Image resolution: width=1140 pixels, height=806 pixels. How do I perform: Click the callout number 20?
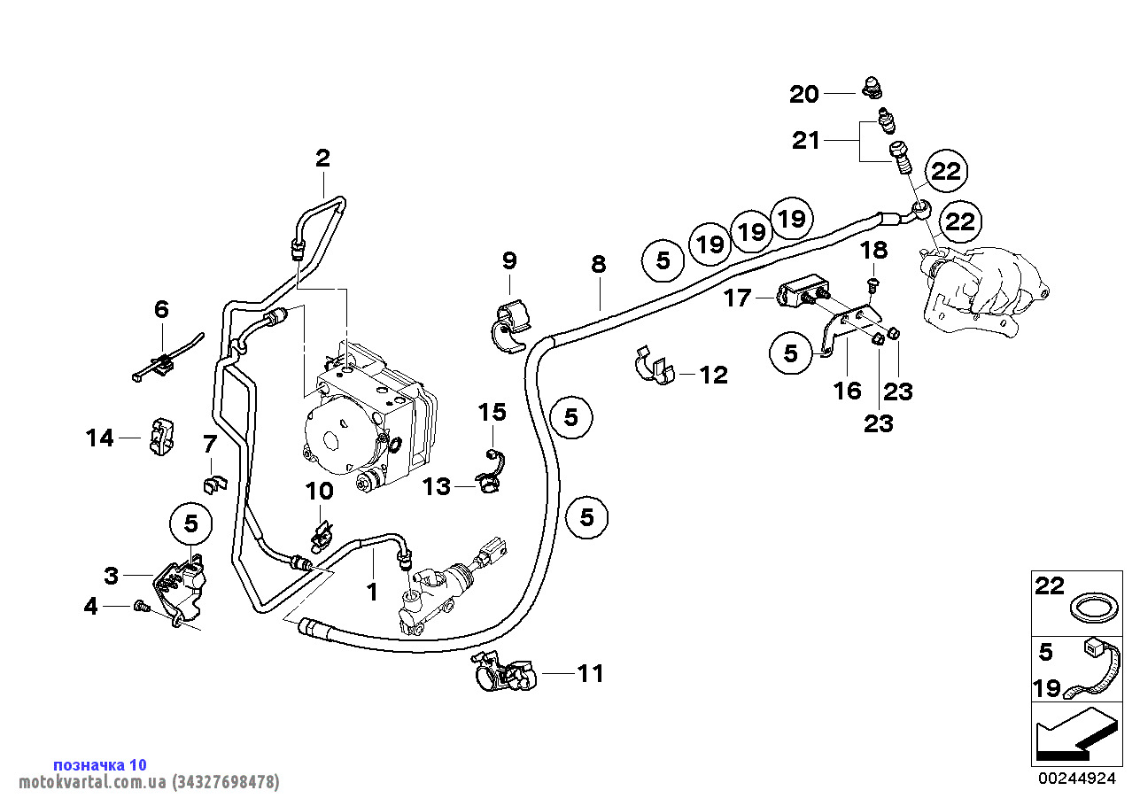[804, 94]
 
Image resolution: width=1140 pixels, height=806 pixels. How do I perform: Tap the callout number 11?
[590, 674]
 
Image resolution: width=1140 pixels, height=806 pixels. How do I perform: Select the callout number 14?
[100, 438]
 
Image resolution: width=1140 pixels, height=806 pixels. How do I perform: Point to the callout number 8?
[599, 264]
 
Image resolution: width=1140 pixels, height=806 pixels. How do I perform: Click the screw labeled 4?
[138, 606]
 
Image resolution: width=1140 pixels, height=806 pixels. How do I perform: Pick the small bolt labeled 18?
[872, 284]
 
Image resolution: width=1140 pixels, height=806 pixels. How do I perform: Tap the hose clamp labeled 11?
[503, 676]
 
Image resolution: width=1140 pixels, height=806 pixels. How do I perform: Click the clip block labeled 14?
[159, 438]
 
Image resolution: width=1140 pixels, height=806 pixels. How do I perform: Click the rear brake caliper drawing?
[983, 288]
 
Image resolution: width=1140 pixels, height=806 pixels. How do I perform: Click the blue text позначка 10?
[100, 764]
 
